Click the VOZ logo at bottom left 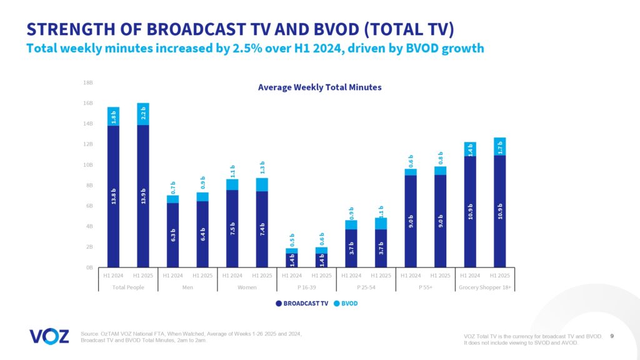coord(49,336)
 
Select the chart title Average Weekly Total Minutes coord(319,87)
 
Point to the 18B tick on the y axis coord(88,82)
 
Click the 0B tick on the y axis coord(89,267)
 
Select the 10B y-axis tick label coord(88,165)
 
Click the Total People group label coord(128,287)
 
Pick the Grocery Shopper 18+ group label coord(485,287)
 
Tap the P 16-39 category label coord(306,287)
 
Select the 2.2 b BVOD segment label coord(143,114)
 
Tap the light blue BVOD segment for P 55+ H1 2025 coord(440,171)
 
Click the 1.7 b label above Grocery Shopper coord(499,146)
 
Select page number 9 coord(611,336)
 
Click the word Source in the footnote coord(91,334)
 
